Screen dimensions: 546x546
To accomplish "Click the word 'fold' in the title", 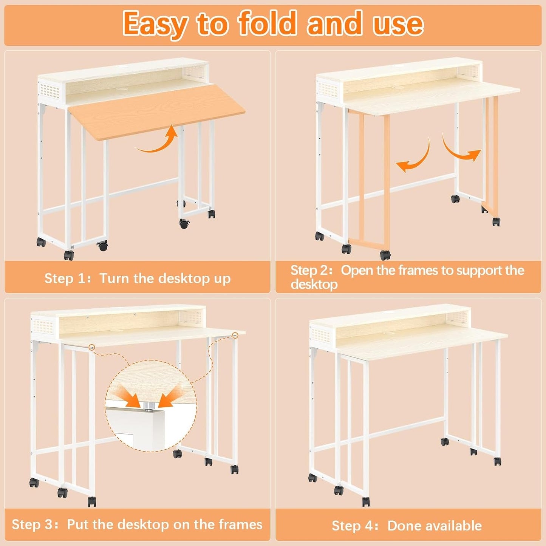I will click(267, 23).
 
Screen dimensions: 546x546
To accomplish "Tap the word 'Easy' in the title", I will click(155, 23).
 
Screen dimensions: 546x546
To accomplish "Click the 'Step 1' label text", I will click(65, 278).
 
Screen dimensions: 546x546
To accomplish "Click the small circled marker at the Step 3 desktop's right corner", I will click(235, 335).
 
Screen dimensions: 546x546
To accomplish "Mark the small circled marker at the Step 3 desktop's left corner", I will click(91, 347).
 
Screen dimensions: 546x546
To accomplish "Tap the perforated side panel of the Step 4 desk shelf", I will click(320, 335).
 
